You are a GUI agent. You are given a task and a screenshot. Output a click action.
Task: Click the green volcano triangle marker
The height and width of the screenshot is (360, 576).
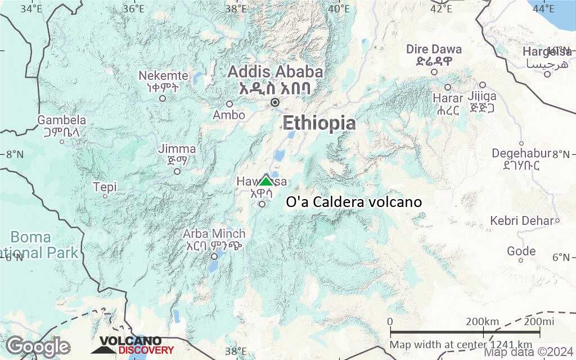[265, 180]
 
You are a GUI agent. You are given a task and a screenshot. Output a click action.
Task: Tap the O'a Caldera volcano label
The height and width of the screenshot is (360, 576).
[354, 202]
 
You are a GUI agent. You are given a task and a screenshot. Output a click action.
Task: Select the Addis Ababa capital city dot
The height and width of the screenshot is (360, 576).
[275, 102]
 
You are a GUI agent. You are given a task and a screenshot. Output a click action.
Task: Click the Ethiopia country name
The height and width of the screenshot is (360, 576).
[319, 123]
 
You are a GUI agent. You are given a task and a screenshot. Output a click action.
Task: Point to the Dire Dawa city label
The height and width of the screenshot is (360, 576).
[434, 49]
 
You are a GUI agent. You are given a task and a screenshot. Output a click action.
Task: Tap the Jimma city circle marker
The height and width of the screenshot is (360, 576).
[177, 172]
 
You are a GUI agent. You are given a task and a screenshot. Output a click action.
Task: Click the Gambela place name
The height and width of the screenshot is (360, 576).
[62, 120]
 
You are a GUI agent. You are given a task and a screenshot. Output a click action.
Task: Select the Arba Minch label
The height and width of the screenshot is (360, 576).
[215, 233]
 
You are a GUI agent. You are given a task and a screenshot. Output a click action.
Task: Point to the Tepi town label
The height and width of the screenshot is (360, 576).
[105, 186]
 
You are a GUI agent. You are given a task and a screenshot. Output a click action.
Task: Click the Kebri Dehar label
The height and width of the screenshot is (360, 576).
[521, 220]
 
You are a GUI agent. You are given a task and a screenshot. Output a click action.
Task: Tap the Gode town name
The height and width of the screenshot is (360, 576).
[521, 251]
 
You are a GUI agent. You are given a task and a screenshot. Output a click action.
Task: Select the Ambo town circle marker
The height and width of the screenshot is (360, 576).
[229, 104]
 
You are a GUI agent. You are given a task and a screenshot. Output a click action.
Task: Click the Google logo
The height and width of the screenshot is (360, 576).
[38, 346]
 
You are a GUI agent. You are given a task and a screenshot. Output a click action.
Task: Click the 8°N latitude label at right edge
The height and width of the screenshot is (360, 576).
[562, 154]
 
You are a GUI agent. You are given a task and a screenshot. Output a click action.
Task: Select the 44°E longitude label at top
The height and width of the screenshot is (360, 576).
[543, 8]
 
